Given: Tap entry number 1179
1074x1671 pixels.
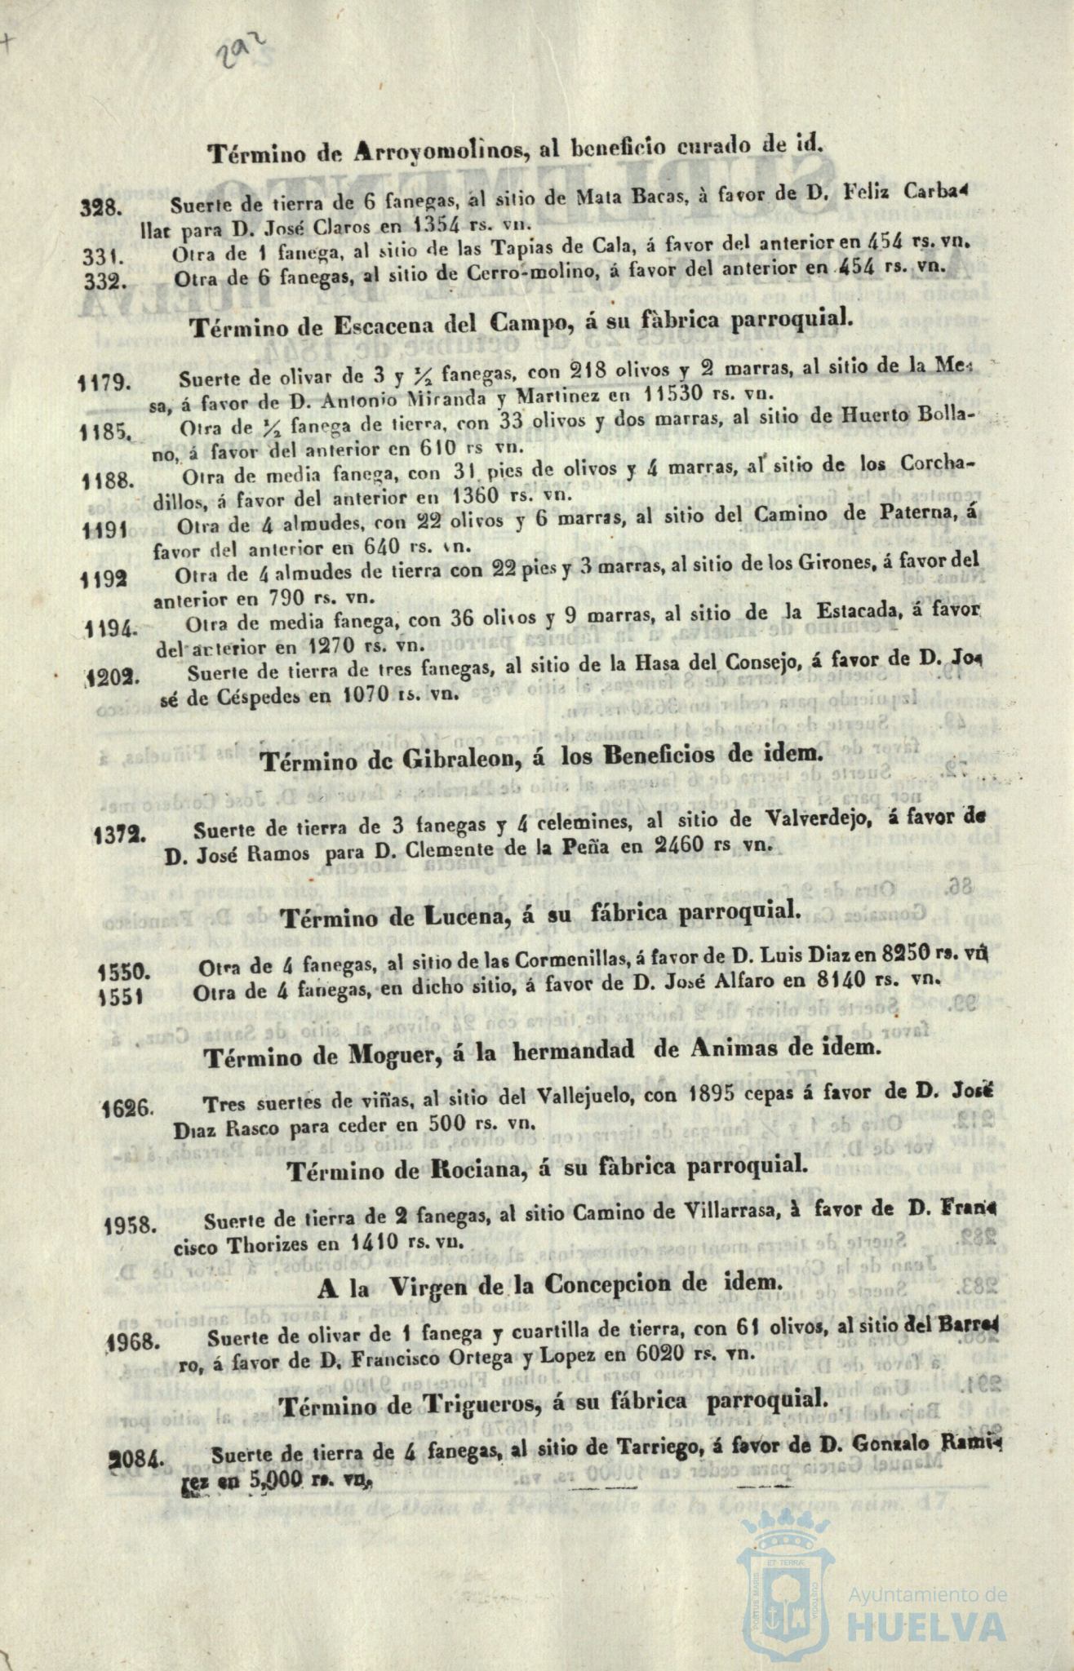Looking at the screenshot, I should click(103, 382).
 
